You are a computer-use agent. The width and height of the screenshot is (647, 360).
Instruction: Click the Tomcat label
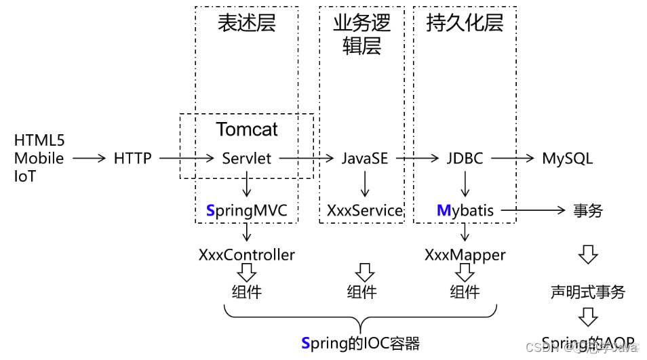[x=247, y=129]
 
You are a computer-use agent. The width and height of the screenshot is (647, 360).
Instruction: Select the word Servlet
[x=247, y=159]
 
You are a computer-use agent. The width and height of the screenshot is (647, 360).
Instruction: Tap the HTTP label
[x=133, y=159]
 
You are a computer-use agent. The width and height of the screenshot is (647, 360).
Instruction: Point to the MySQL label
[x=567, y=159]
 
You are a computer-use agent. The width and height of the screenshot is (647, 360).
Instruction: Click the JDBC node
[x=465, y=159]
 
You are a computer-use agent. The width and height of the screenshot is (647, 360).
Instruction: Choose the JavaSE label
[x=365, y=159]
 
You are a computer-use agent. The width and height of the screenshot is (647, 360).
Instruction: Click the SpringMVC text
[x=247, y=211]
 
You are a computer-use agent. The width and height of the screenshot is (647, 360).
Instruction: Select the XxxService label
[x=365, y=211]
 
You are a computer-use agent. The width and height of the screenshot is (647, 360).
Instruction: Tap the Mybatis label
[x=465, y=211]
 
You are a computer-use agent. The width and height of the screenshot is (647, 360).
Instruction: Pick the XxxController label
[x=247, y=255]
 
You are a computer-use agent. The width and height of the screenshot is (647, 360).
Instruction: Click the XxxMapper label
[x=465, y=255]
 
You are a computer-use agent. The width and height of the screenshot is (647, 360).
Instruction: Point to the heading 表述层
[x=247, y=24]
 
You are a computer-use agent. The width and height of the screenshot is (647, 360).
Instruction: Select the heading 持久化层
[x=465, y=24]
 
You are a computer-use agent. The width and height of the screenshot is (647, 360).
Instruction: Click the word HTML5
[x=39, y=141]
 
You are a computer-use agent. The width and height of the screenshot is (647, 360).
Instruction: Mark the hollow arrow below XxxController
[x=247, y=273]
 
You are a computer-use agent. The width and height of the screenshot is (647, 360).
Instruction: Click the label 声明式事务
[x=587, y=292]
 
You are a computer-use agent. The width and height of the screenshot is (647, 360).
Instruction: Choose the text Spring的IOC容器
[x=360, y=343]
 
